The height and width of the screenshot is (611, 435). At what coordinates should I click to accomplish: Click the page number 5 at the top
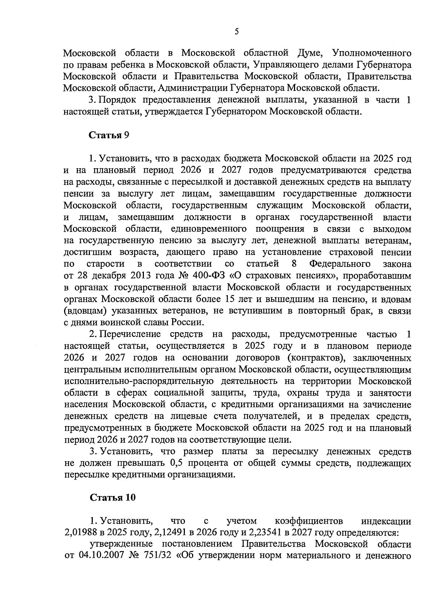236,32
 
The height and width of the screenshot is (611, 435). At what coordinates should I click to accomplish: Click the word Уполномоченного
372,53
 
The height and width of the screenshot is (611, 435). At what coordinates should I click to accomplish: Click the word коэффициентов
309,521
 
